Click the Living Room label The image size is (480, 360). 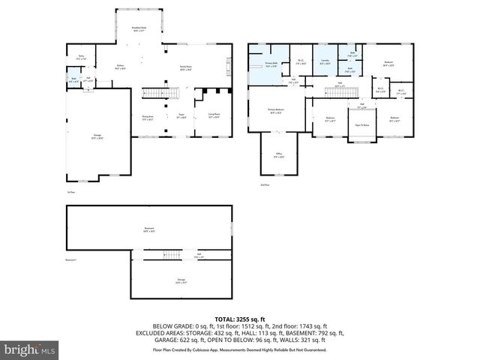click(x=202, y=115)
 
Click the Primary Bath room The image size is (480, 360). click(x=271, y=64)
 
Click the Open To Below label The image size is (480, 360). click(x=362, y=124)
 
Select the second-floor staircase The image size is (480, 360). click(x=340, y=91)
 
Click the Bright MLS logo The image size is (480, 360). click(x=30, y=349)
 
